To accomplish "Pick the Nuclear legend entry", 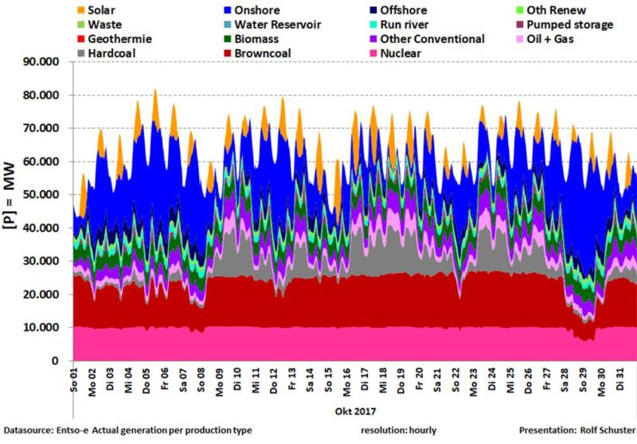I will pyautogui.click(x=401, y=53).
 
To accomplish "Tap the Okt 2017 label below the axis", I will pyautogui.click(x=351, y=411).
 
